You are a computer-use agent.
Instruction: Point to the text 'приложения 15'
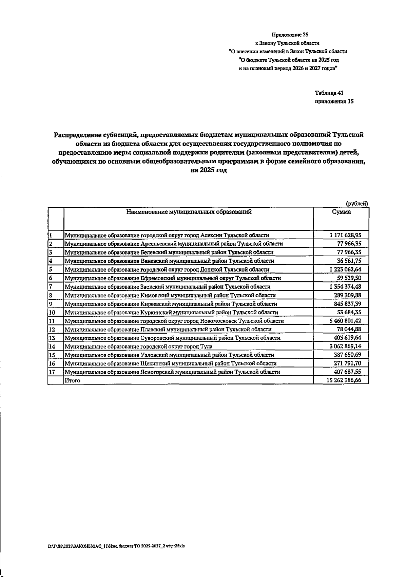pos(334,101)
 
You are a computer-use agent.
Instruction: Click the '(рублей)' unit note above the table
pos(356,204)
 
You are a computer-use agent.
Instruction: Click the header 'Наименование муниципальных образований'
pos(189,212)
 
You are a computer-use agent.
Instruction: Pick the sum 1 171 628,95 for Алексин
pos(345,235)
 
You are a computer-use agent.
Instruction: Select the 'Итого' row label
pos(73,381)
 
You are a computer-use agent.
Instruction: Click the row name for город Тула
pos(139,347)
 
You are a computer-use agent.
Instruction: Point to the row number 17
pos(52,372)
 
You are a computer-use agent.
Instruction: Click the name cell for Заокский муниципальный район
pos(168,287)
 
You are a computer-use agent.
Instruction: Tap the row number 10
pos(52,312)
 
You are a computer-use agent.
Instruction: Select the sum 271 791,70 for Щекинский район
pos(348,363)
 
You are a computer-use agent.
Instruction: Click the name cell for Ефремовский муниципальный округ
pos(173,278)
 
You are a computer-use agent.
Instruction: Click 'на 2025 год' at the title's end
pos(208,170)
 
